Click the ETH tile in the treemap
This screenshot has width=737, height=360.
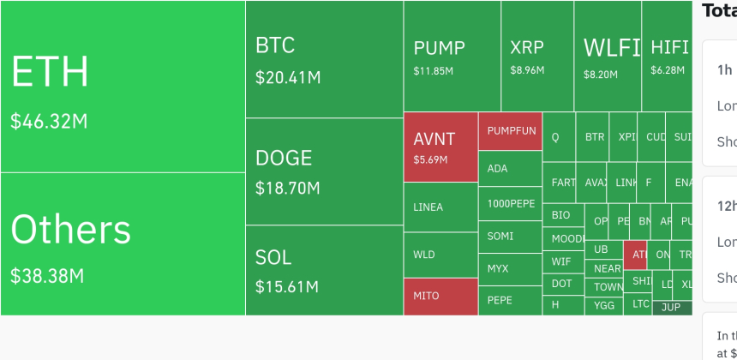tap(123, 86)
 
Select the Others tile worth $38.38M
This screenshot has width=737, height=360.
tap(123, 244)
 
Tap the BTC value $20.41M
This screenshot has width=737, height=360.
tap(288, 78)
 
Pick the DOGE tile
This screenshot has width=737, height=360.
tap(324, 171)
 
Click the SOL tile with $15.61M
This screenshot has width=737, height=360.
tap(324, 270)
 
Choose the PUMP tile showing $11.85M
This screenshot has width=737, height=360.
tap(452, 57)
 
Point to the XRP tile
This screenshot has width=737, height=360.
tap(537, 57)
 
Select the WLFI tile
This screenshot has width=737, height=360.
tap(608, 57)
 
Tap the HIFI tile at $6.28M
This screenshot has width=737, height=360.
tap(667, 57)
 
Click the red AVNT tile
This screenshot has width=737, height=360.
tap(440, 147)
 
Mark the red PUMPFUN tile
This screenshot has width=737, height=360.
tap(511, 131)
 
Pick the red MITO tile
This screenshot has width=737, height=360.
tap(440, 296)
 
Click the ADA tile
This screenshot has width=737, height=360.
tap(510, 168)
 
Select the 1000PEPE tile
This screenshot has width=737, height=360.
tap(510, 204)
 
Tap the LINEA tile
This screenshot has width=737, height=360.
tap(440, 207)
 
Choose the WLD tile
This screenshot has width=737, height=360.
tap(440, 255)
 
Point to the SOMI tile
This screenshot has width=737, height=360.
tap(510, 236)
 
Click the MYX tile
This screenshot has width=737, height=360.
tap(510, 268)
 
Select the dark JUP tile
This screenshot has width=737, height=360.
tap(671, 307)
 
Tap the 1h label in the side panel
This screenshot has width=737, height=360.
tap(725, 69)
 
